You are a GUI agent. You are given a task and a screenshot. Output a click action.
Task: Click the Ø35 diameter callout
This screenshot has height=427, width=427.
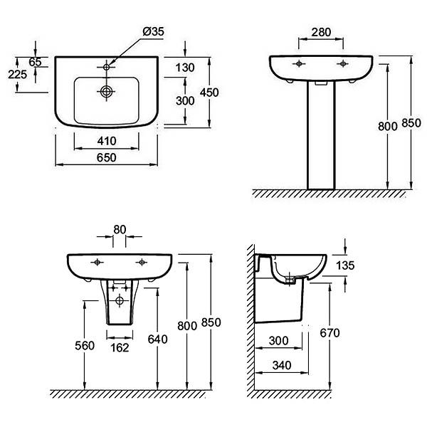153,31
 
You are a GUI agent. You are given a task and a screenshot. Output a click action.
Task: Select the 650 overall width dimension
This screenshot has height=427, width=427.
107,157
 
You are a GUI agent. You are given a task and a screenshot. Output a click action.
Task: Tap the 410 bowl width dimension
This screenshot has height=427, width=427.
107,141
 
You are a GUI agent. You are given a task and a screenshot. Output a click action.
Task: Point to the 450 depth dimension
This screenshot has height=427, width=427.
209,93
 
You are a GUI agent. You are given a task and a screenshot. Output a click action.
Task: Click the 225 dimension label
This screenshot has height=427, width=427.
17,74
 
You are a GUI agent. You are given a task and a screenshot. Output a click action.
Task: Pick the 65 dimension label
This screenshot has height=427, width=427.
35,62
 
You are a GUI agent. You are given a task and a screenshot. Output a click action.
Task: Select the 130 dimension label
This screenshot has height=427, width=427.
185,68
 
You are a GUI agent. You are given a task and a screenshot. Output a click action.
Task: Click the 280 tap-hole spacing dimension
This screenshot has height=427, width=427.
322,32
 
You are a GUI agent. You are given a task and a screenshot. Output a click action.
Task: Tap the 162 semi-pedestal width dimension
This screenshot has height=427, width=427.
120,347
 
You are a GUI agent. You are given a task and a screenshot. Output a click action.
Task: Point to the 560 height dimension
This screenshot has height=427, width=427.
85,346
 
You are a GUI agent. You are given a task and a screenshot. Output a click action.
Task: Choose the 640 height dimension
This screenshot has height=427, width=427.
157,339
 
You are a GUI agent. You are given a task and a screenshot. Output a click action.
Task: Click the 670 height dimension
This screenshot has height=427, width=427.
330,333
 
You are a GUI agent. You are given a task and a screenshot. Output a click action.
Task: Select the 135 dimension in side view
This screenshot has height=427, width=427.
345,265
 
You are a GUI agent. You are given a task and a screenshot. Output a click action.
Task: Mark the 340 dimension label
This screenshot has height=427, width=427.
282,365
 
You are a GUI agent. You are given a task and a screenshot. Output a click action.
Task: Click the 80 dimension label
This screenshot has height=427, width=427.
120,230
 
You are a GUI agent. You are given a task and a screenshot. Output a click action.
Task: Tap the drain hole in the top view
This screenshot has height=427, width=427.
106,91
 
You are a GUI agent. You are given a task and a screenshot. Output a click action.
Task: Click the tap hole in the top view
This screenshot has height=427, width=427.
106,67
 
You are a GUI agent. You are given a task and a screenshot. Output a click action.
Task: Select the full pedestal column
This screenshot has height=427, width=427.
321,135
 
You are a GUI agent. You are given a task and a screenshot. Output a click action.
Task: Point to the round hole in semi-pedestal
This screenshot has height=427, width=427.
120,301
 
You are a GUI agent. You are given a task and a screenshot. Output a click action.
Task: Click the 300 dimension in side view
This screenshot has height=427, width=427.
278,341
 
